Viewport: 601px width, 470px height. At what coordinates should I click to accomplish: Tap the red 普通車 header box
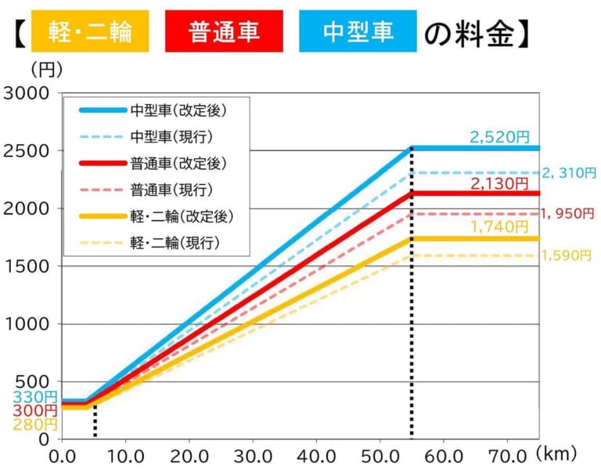pyautogui.click(x=224, y=31)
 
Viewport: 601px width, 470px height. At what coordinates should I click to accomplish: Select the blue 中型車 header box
pyautogui.click(x=358, y=31)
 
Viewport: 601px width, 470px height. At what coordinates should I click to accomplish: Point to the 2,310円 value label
pyautogui.click(x=569, y=172)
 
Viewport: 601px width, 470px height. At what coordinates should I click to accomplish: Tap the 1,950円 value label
pyautogui.click(x=568, y=213)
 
